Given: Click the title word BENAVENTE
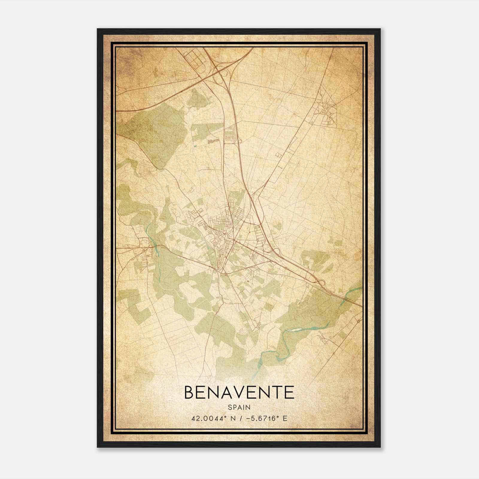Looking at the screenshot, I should click(x=239, y=392).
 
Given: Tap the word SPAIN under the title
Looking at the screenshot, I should click(x=239, y=407).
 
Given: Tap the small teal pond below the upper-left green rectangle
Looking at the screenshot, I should click(x=195, y=146).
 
